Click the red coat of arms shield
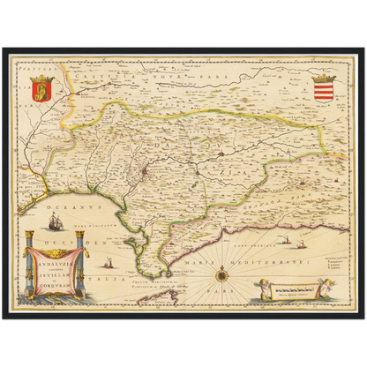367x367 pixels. [x=43, y=88]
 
